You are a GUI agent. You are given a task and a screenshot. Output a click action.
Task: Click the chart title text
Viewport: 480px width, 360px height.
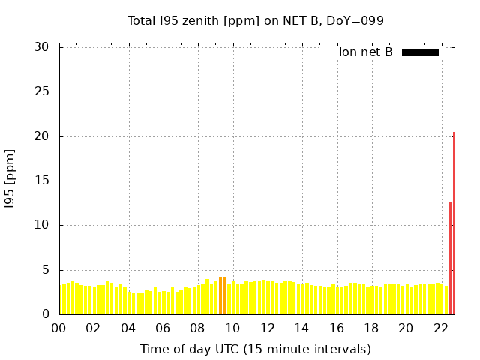click(x=255, y=20)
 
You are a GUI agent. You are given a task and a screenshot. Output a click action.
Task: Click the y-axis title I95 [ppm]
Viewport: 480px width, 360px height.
click(x=10, y=180)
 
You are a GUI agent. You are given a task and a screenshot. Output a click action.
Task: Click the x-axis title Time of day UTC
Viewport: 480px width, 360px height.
click(x=255, y=349)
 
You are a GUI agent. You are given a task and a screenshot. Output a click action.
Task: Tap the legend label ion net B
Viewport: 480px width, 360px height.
click(x=366, y=52)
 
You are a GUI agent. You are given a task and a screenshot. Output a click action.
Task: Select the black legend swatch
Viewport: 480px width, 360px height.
click(x=420, y=52)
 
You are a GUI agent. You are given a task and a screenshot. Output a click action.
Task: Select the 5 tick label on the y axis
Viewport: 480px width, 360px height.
click(x=46, y=270)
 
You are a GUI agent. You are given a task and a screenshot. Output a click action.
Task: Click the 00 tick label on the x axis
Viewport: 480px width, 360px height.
click(x=59, y=328)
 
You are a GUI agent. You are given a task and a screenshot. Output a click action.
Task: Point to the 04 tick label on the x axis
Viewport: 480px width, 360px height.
click(x=128, y=328)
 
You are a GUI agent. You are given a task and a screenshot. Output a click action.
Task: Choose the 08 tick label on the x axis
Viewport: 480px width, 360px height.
click(x=197, y=328)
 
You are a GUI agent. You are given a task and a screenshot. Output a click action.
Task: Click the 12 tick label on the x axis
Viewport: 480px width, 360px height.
click(x=267, y=328)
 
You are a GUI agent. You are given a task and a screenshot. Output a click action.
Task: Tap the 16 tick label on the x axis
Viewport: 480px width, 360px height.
click(x=336, y=328)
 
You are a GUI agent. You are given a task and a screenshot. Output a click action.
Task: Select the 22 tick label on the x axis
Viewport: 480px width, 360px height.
click(x=440, y=328)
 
